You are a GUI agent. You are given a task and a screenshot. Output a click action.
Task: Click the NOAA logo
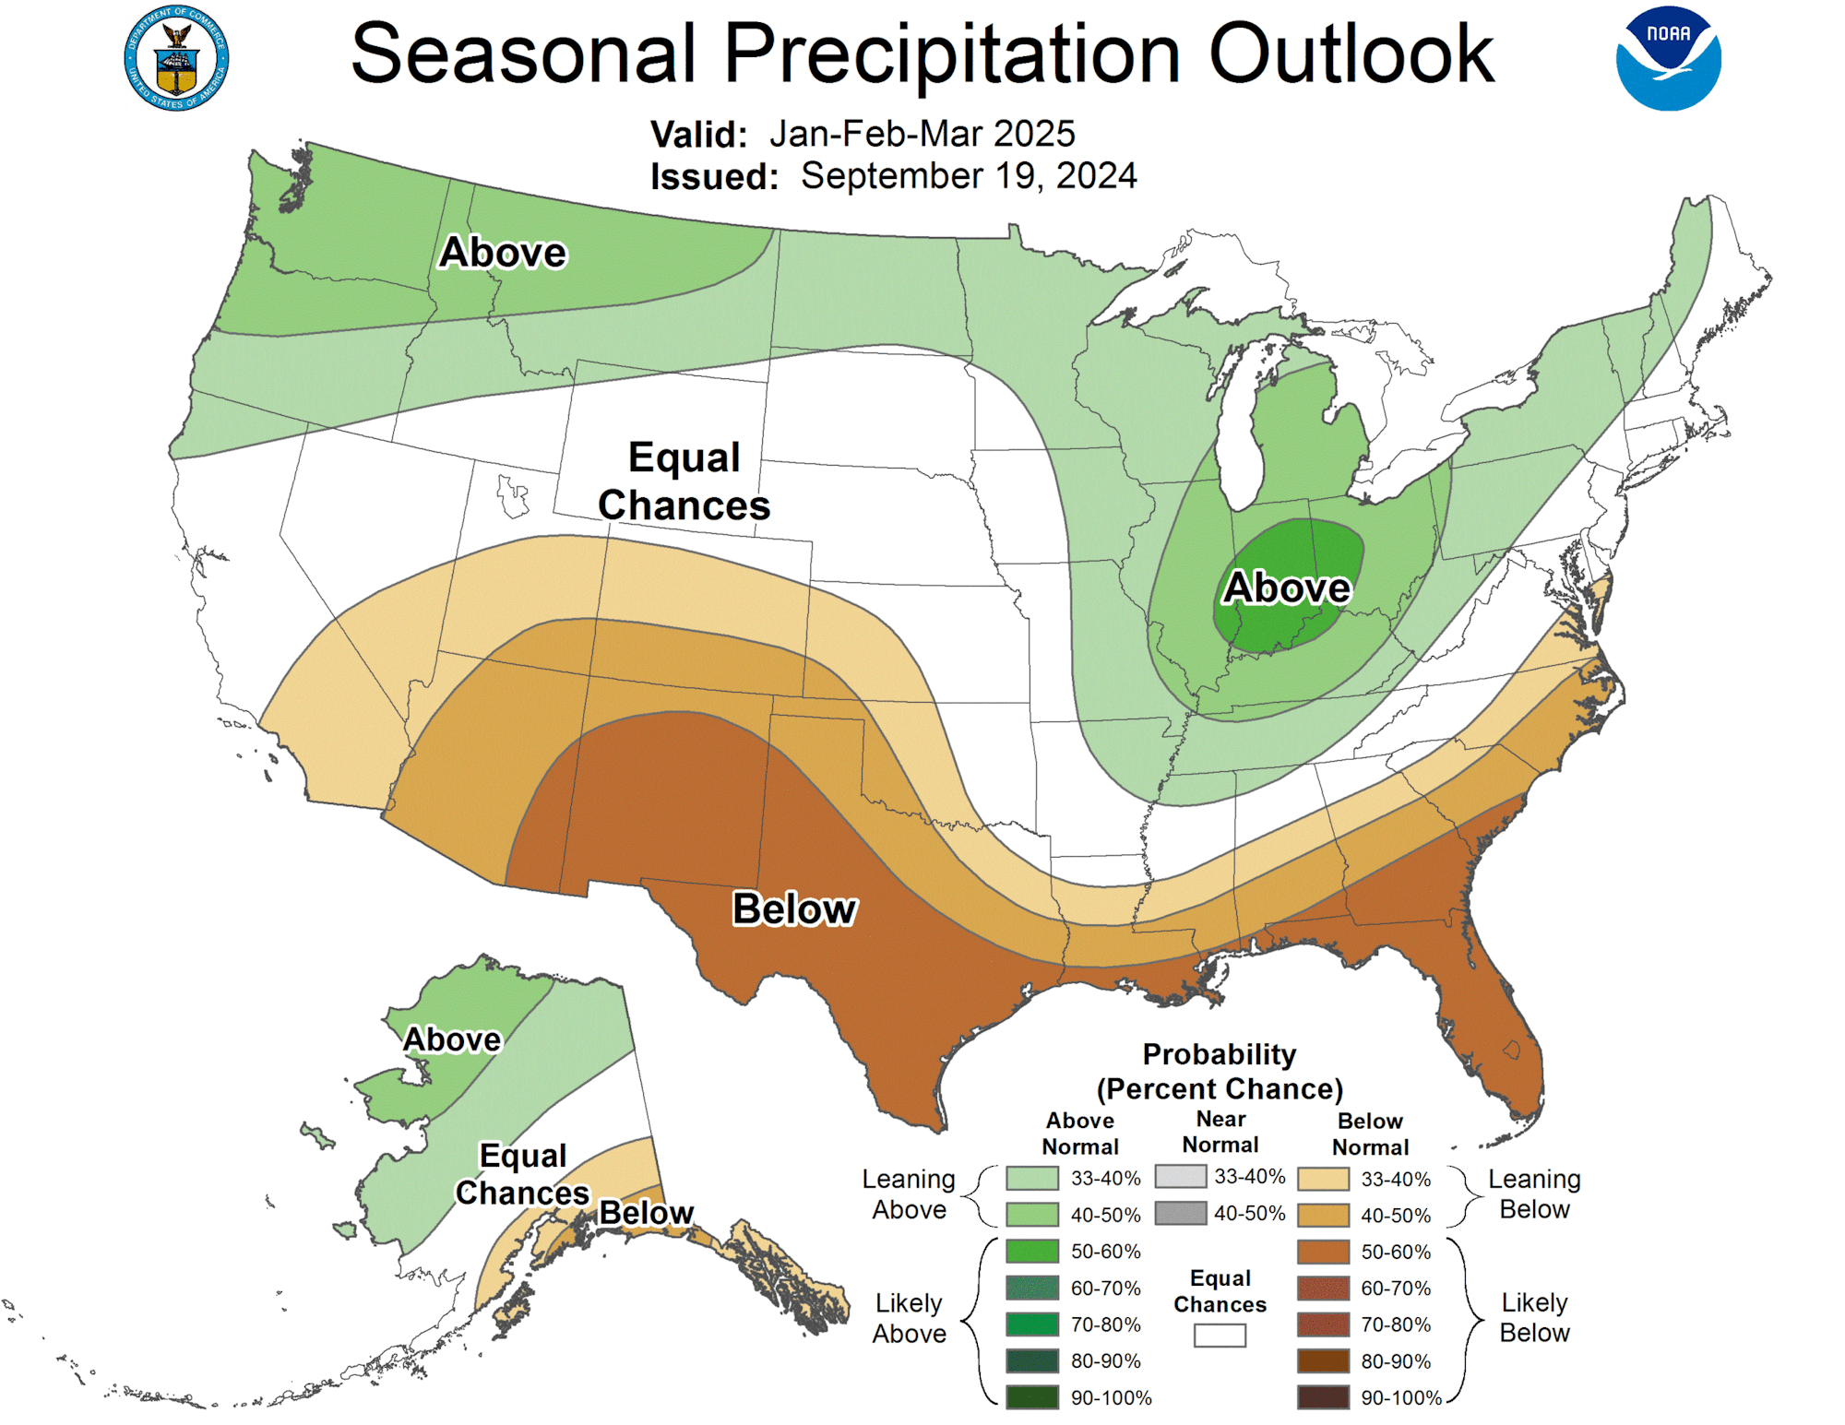[x=1668, y=58]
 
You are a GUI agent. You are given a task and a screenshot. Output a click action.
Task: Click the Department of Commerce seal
[x=176, y=58]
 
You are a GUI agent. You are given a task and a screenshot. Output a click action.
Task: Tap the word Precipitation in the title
[x=951, y=53]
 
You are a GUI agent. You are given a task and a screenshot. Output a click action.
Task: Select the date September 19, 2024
[x=969, y=175]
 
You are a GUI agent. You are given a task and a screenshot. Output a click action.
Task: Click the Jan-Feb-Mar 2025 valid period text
[x=922, y=134]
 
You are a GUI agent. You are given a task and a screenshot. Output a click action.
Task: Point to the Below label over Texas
[x=794, y=908]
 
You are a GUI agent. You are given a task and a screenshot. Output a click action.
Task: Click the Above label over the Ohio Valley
[x=1287, y=588]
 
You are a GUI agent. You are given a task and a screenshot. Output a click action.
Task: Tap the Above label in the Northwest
[x=503, y=252]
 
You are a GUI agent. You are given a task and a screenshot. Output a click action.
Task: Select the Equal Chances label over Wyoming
[x=684, y=481]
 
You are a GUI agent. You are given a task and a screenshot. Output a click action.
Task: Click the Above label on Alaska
[x=452, y=1039]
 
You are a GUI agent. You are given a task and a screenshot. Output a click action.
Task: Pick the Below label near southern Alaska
[x=646, y=1212]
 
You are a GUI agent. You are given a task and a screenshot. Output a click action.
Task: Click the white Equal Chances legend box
[x=1220, y=1336]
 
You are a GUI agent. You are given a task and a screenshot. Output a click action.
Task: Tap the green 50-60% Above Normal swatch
[x=1032, y=1252]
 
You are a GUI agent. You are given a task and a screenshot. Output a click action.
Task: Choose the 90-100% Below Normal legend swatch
[x=1323, y=1397]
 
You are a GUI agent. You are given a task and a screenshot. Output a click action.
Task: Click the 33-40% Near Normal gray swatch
[x=1180, y=1177]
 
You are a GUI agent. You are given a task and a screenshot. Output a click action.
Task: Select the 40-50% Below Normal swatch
[x=1323, y=1216]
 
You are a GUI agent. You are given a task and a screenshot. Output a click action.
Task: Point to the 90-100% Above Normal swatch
[x=1032, y=1397]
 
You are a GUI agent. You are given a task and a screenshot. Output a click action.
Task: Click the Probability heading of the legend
[x=1220, y=1054]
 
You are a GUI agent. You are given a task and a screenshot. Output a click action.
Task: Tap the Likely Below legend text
[x=1534, y=1317]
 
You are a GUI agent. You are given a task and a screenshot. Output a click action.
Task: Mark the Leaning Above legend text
[x=909, y=1193]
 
